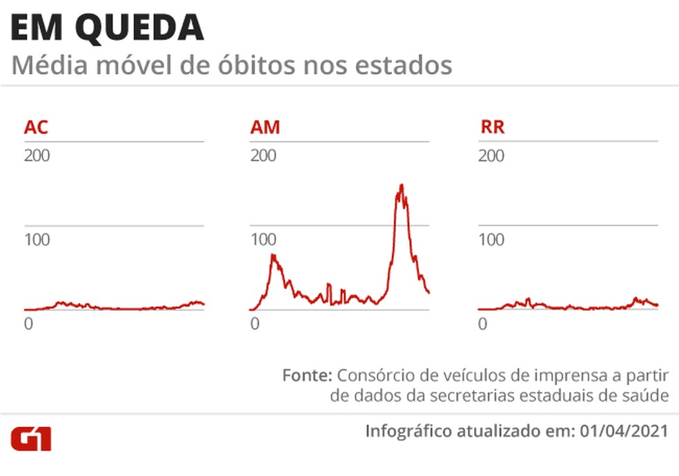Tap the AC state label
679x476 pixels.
click(36, 128)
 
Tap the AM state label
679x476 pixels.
click(265, 128)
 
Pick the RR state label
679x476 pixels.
click(492, 128)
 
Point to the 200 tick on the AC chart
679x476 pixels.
click(37, 155)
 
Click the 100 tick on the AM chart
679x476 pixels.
click(263, 240)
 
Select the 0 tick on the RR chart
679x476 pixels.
click(483, 323)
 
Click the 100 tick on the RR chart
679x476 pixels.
click(491, 240)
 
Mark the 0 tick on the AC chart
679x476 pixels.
click(28, 323)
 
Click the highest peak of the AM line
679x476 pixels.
click(401, 185)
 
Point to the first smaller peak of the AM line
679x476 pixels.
click(273, 256)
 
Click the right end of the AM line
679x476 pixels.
click(429, 292)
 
